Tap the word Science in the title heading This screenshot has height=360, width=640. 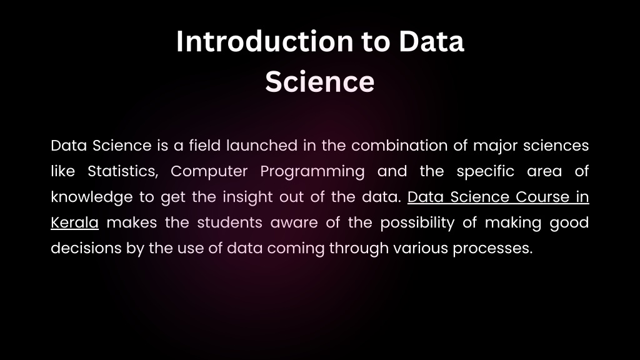(x=320, y=82)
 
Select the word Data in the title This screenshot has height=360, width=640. (x=431, y=42)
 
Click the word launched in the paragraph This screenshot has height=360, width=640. (x=262, y=146)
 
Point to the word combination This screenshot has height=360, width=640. (x=399, y=146)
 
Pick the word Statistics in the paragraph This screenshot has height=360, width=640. (x=123, y=171)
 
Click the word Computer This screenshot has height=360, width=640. (x=209, y=172)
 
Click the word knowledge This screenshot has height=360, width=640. (x=92, y=197)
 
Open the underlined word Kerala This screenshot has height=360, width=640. (x=75, y=223)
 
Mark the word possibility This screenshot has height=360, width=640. (x=417, y=223)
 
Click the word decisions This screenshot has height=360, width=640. (x=86, y=248)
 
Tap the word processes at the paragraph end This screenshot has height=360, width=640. (x=492, y=249)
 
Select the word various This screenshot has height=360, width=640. (x=421, y=249)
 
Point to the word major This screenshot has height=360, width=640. (x=496, y=146)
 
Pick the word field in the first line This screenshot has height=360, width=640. (x=205, y=146)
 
